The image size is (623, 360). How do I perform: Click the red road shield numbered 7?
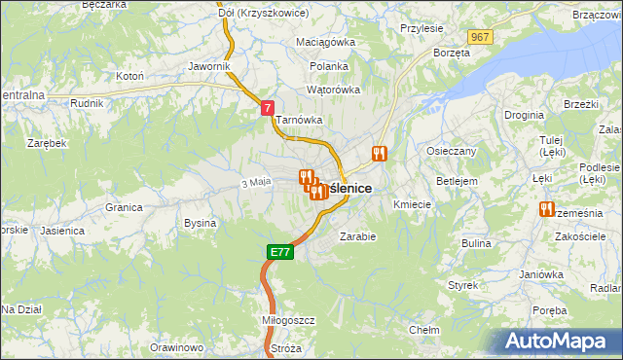(x=268, y=110)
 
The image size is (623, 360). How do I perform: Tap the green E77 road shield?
(x=279, y=252)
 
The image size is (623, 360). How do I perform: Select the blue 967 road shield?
(x=479, y=36)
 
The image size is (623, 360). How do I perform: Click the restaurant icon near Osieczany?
(x=379, y=153)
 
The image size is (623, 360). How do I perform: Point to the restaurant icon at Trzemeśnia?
(x=545, y=209)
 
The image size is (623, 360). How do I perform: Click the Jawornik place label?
(x=208, y=66)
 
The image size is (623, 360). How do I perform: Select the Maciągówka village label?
(x=325, y=43)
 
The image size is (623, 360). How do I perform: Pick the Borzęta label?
(x=452, y=52)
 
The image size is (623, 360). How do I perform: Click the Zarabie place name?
(x=357, y=235)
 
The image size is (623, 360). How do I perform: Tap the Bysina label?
(x=200, y=223)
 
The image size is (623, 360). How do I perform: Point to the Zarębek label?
(x=47, y=142)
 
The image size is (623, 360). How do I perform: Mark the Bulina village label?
(x=476, y=243)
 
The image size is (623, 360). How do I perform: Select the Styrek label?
(x=462, y=285)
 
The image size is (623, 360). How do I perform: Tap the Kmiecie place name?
(x=412, y=204)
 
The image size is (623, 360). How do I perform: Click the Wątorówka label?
(x=333, y=90)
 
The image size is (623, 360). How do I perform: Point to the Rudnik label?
(x=88, y=101)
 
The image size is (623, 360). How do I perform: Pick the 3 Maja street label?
(x=254, y=182)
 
